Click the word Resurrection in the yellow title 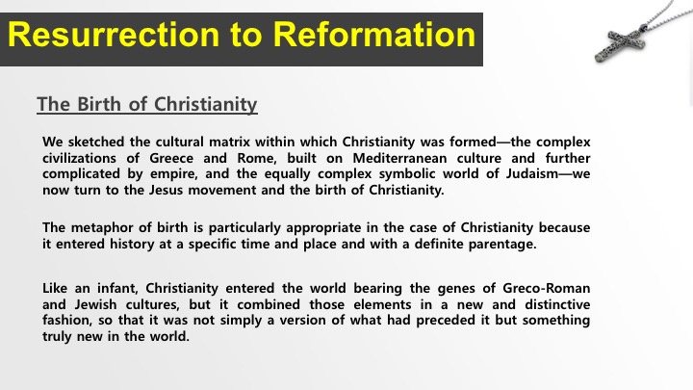coord(114,35)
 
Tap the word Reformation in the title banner coord(373,35)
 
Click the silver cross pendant coord(620,44)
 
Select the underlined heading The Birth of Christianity coord(147,104)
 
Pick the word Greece coord(171,158)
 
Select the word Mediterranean coord(399,158)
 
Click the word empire coord(173,173)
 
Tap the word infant coord(118,288)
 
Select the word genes coord(456,289)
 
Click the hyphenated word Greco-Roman coord(547,288)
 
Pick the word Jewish coord(95,304)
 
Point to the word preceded coord(446,320)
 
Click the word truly coord(57,336)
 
